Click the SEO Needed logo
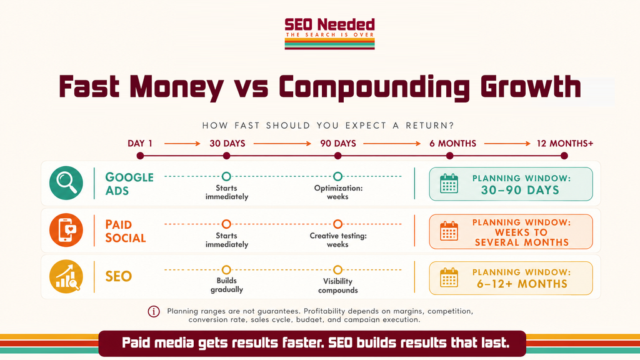tap(329, 34)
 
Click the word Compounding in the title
tap(374, 87)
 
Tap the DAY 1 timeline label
tap(140, 143)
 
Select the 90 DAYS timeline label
tap(338, 143)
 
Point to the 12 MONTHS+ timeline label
tap(565, 143)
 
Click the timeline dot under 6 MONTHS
tap(450, 156)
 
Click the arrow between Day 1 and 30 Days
tap(182, 143)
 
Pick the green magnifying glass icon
tap(66, 183)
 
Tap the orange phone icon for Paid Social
tap(66, 230)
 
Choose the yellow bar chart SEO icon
tap(66, 276)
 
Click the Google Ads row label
tap(129, 184)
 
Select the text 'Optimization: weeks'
tap(338, 192)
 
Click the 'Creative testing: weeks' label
tap(338, 240)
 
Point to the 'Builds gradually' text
tap(226, 285)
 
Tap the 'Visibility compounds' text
tap(338, 286)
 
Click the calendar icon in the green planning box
tap(449, 184)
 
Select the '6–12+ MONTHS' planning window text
tap(522, 284)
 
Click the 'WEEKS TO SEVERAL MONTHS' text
tap(522, 237)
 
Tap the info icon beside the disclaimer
tap(154, 311)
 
